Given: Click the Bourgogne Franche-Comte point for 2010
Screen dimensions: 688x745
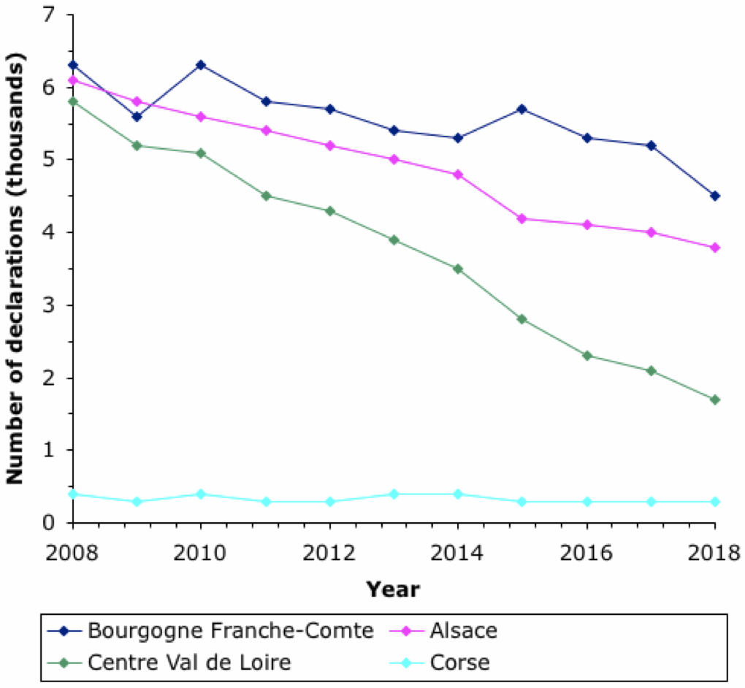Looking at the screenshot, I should tap(201, 65).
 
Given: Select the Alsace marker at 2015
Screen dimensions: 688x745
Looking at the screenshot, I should tap(522, 218).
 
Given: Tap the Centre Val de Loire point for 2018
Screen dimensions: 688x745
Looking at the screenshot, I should tap(715, 400).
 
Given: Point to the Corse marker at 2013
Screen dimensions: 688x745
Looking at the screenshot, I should tap(394, 494).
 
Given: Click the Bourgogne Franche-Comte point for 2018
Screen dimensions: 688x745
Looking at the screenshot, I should tap(715, 196).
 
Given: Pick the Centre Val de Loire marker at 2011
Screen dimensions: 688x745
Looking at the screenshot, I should tap(265, 196).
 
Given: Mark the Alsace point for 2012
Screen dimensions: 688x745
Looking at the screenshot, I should tap(329, 145).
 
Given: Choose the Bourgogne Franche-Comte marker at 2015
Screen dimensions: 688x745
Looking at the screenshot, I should tap(522, 109).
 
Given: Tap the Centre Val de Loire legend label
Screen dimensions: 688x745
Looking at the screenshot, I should tap(189, 663).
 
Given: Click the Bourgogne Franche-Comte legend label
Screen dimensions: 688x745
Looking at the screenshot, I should tap(230, 631).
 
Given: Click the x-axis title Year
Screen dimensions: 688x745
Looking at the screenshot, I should tap(393, 589).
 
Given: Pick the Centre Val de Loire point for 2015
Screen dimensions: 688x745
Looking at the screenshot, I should tap(522, 319).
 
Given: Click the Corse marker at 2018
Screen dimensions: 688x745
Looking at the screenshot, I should tap(715, 502).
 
